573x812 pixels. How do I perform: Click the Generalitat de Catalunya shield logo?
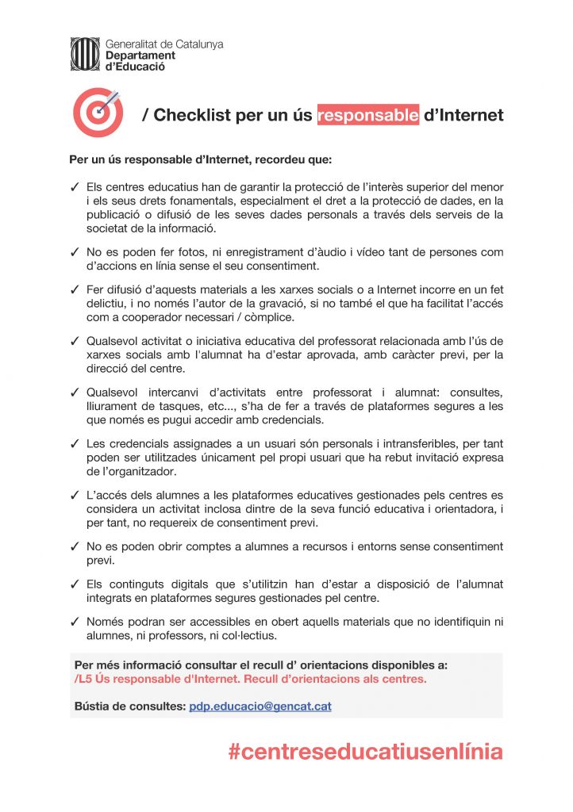click(86, 55)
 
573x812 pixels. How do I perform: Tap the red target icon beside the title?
click(98, 113)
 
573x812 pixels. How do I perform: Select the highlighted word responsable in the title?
click(368, 115)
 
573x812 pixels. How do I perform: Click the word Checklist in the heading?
click(191, 115)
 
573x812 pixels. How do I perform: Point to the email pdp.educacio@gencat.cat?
click(260, 706)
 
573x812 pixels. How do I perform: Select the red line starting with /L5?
click(250, 679)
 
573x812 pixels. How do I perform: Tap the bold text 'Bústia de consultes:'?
click(129, 706)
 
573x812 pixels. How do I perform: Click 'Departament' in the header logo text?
click(140, 56)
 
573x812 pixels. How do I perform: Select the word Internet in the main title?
click(463, 115)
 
